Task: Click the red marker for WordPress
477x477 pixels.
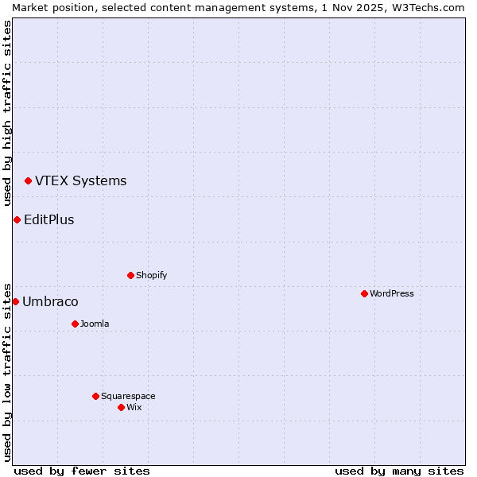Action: coord(364,293)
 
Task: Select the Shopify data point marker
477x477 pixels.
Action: coord(130,275)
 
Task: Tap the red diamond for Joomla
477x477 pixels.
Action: coord(75,324)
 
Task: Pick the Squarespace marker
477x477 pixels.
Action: coord(95,396)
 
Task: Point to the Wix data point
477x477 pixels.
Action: coord(121,407)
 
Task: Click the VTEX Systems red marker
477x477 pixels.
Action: coord(28,181)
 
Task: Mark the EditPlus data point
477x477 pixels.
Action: coord(17,219)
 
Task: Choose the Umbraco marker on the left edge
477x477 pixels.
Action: coord(15,301)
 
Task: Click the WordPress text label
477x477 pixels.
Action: coord(392,293)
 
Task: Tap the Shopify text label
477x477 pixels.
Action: coord(151,275)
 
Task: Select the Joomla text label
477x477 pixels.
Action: coord(95,324)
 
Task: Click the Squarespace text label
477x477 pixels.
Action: coord(128,396)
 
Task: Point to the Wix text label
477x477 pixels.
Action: coord(134,407)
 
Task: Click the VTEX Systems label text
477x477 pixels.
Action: coord(80,180)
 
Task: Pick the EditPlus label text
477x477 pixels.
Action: coord(48,219)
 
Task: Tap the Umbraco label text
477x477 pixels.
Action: coord(50,301)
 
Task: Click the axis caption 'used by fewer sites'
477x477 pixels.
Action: coord(82,471)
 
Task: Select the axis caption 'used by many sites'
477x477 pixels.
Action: coord(399,471)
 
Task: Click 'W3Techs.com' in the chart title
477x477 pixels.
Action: coord(432,7)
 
